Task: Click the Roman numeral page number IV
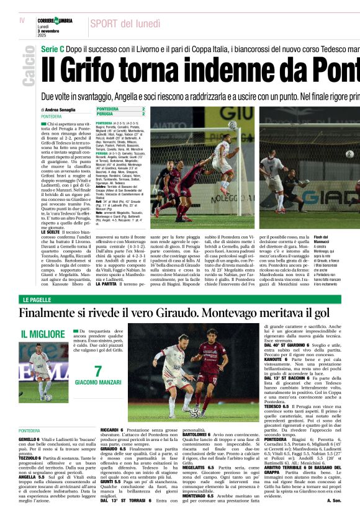coord(22,20)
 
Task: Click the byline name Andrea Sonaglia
coord(61,109)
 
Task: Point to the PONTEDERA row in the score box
coord(121,109)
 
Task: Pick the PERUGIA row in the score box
coord(121,114)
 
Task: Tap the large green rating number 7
coord(97,372)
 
